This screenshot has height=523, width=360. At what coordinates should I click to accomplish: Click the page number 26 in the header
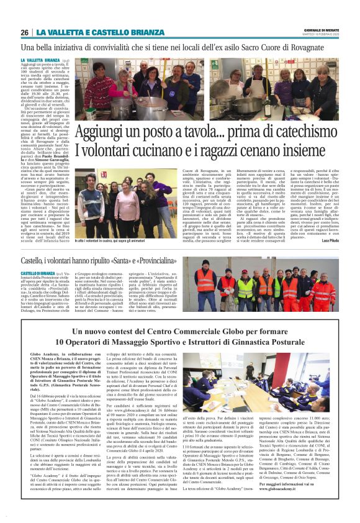pos(24,32)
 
